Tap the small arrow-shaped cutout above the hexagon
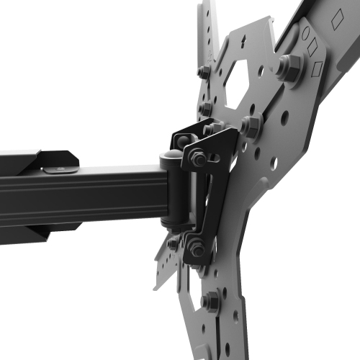click(x=248, y=41)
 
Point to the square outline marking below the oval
click(x=318, y=69)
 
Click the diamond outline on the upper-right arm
click(x=337, y=21)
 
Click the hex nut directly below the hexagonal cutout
click(x=250, y=125)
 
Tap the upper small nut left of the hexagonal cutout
click(x=204, y=73)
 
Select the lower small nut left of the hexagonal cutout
click(x=207, y=109)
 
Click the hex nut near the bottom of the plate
click(x=210, y=302)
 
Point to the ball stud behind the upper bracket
click(x=210, y=130)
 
